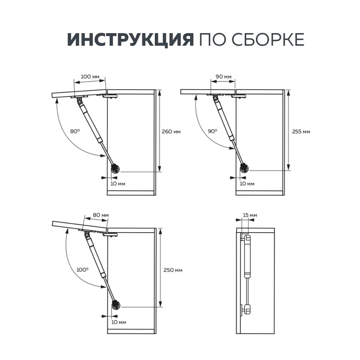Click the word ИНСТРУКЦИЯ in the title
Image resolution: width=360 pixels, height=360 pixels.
tap(130, 40)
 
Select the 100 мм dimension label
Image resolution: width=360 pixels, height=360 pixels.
tap(90, 77)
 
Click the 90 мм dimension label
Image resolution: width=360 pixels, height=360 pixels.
tap(223, 77)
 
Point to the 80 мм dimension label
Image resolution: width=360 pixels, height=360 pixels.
tap(100, 215)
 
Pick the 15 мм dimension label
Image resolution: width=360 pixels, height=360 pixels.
tap(250, 215)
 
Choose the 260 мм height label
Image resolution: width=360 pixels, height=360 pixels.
tap(171, 131)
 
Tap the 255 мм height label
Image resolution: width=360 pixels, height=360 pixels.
tap(301, 131)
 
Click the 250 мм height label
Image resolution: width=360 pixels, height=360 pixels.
tap(173, 270)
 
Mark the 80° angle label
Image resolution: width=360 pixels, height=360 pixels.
tap(75, 131)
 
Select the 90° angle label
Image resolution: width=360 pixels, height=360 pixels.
tap(212, 131)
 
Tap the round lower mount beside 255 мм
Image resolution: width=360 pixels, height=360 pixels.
tap(244, 168)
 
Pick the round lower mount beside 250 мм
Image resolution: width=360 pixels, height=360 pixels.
tap(116, 305)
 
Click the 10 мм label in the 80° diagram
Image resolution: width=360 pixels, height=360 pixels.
tap(118, 184)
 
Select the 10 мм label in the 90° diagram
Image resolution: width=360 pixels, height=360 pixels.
tap(247, 184)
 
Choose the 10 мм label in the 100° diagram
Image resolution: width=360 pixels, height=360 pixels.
tap(119, 321)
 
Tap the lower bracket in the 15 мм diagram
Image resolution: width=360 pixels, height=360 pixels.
tap(247, 308)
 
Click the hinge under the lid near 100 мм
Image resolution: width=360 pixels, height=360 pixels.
tap(111, 96)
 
